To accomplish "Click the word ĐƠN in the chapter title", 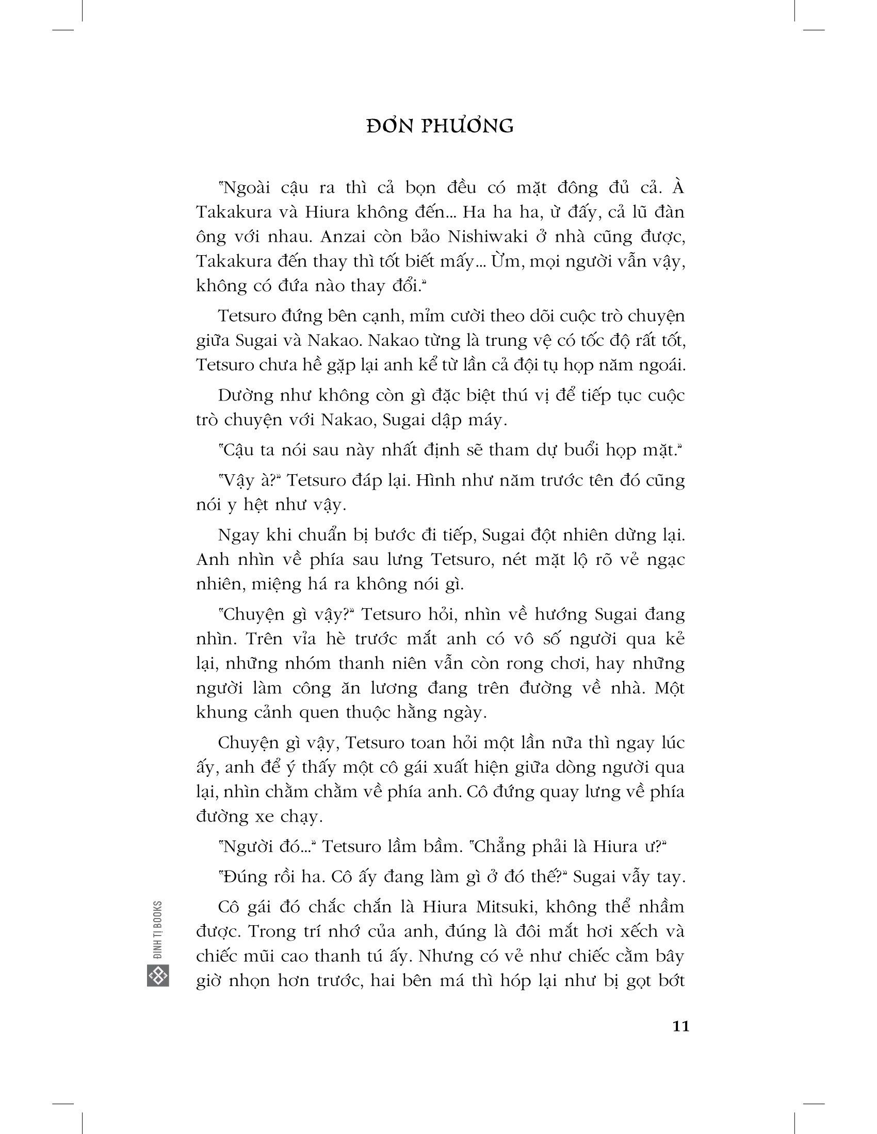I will (x=387, y=127).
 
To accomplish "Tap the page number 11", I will (x=680, y=1026).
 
